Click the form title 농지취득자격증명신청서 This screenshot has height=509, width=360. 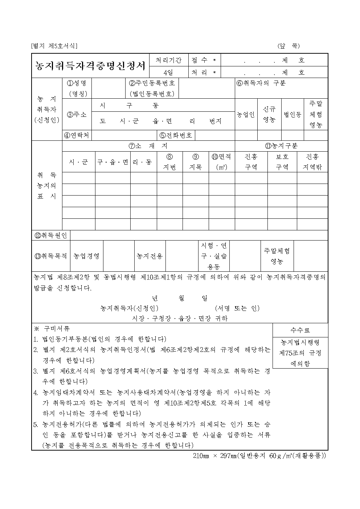click(x=90, y=66)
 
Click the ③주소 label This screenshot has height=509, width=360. click(x=77, y=115)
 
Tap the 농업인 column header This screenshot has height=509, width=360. click(x=246, y=115)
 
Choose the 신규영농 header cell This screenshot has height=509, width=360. click(x=269, y=114)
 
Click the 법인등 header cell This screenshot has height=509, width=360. click(x=292, y=115)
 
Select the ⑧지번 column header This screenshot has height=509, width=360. click(x=169, y=162)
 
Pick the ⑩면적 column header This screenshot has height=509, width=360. click(x=221, y=162)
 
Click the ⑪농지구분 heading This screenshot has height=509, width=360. click(x=281, y=146)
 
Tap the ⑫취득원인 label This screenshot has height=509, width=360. click(x=51, y=235)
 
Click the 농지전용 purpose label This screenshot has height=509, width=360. click(x=150, y=256)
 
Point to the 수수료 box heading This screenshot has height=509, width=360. click(x=300, y=330)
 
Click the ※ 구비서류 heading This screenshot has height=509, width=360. click(x=52, y=329)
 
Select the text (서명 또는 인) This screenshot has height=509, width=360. click(x=237, y=308)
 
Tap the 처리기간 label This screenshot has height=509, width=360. click(x=169, y=60)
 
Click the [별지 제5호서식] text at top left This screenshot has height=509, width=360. click(x=54, y=46)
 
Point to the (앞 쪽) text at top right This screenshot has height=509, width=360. click(x=289, y=46)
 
